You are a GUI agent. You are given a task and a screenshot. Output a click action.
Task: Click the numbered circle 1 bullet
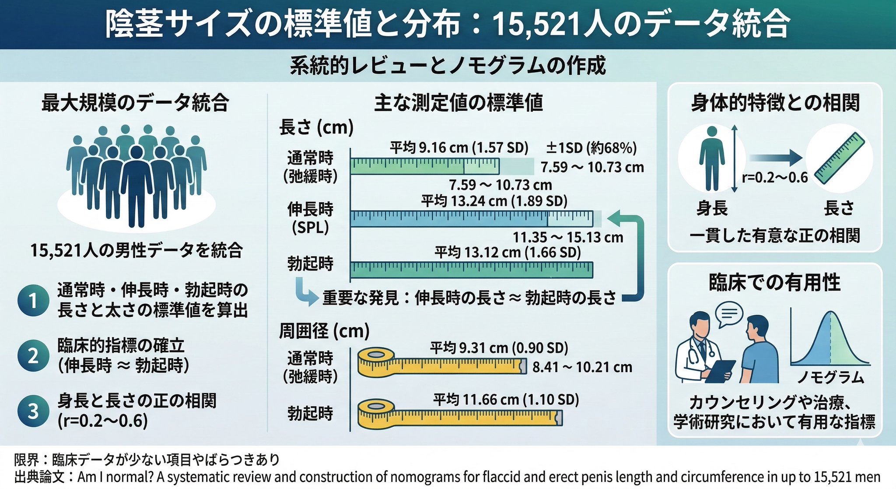point(33,301)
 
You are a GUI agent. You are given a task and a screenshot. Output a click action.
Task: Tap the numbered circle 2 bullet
point(33,355)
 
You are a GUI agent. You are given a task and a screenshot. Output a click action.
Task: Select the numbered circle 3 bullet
point(33,411)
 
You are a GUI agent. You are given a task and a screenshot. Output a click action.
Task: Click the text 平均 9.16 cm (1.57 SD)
point(459,148)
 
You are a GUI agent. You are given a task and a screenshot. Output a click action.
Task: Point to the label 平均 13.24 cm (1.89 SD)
point(494,201)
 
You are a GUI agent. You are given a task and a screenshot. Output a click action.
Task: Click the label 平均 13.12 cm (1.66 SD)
point(507,253)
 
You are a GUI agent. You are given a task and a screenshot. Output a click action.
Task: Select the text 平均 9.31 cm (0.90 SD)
point(499,348)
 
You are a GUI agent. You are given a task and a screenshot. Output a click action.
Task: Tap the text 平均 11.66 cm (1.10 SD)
point(506,400)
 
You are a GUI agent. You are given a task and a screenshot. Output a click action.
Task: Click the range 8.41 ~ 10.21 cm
point(582,367)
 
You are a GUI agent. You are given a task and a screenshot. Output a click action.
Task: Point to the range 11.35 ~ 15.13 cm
point(567,238)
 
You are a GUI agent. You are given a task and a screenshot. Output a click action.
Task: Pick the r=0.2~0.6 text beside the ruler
point(775,177)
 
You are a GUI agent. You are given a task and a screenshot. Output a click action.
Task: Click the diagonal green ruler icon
point(840,158)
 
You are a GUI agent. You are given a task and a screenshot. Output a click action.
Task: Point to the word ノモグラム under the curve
point(830,377)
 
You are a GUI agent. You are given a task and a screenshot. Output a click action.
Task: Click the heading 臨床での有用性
point(774,282)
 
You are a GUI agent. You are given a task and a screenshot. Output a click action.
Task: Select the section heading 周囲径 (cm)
point(324,331)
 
